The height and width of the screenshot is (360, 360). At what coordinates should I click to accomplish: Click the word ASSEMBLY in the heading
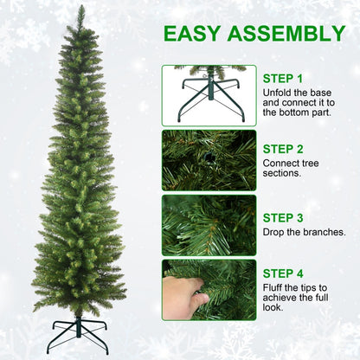pyautogui.click(x=288, y=35)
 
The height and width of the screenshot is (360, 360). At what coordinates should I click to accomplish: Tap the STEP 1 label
pyautogui.click(x=283, y=78)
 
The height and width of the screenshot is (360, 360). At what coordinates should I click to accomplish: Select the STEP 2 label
pyautogui.click(x=283, y=149)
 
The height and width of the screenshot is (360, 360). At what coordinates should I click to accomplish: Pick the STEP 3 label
pyautogui.click(x=283, y=218)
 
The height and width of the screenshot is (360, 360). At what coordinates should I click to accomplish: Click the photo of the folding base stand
pyautogui.click(x=209, y=94)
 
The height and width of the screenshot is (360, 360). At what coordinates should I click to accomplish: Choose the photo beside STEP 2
pyautogui.click(x=209, y=160)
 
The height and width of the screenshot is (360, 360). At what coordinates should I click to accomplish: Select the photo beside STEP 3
pyautogui.click(x=209, y=225)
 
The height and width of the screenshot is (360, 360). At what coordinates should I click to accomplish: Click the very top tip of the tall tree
pyautogui.click(x=81, y=8)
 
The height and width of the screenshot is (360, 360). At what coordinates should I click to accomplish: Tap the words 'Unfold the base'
pyautogui.click(x=294, y=91)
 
